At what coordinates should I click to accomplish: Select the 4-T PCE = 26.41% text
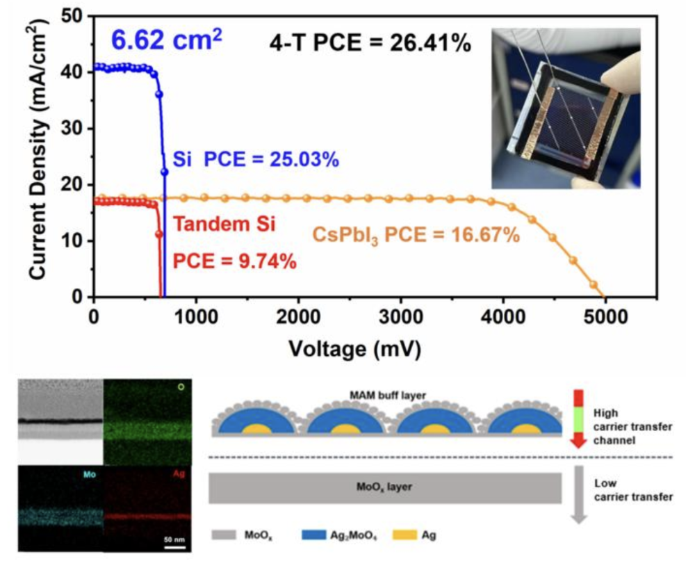370,42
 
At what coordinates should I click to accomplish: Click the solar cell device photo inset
565,108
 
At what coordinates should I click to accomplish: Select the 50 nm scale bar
175,544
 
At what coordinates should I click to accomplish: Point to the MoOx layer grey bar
385,487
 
